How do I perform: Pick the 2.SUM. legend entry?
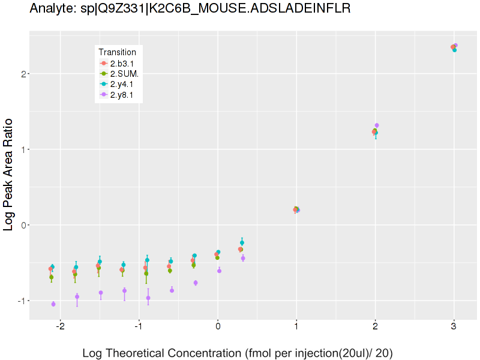[124, 74]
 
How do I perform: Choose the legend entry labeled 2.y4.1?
[122, 84]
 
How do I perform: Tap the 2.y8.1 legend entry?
[122, 95]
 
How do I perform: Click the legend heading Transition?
[118, 52]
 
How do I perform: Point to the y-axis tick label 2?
[22, 74]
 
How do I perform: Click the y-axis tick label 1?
[22, 149]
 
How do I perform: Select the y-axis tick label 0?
[22, 225]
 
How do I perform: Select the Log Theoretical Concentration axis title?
[238, 353]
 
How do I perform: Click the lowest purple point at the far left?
[53, 304]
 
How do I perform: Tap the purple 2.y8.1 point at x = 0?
[219, 271]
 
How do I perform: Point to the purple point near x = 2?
[377, 125]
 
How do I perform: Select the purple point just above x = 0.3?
[243, 258]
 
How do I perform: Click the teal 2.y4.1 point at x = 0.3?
[242, 243]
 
